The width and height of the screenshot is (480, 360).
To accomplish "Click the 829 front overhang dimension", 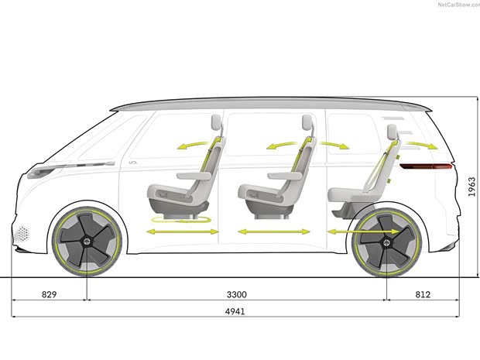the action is coord(50,294).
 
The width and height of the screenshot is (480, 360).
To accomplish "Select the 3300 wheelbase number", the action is coord(237,294).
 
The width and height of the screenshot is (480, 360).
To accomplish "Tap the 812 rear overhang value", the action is coord(423,294).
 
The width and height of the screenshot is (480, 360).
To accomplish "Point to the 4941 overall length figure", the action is coord(235,311).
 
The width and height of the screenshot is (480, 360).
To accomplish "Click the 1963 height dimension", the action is coord(471,187).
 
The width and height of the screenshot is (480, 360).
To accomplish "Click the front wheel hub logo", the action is coord(87,242).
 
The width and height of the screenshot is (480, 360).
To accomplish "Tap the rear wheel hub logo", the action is coord(387,242).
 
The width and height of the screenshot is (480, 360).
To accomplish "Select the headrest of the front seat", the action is coord(216,122).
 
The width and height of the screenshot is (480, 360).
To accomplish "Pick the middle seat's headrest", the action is coord(307,122).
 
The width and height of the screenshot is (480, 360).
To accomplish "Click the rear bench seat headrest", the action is coord(393,132).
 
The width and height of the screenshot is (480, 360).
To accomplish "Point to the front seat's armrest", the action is coord(194,176).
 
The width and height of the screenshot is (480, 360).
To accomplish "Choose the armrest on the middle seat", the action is coord(285,176).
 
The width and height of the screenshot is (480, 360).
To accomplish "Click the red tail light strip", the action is coord(426,166).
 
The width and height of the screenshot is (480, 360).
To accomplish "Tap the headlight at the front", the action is coord(46,171).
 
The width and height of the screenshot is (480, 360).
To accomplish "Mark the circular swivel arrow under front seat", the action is coord(181,220).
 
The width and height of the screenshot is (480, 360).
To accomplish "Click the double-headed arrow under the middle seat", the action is coord(274,231).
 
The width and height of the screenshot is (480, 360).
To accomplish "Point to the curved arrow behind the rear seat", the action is coord(422,145).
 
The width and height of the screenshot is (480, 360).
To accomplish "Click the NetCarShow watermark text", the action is coord(458,5).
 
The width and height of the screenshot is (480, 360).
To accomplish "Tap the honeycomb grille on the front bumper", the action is coord(22,234).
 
